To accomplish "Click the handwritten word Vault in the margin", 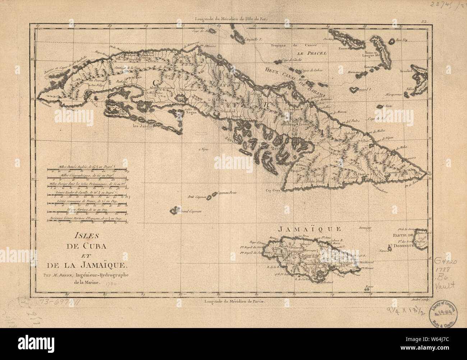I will (446, 285).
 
